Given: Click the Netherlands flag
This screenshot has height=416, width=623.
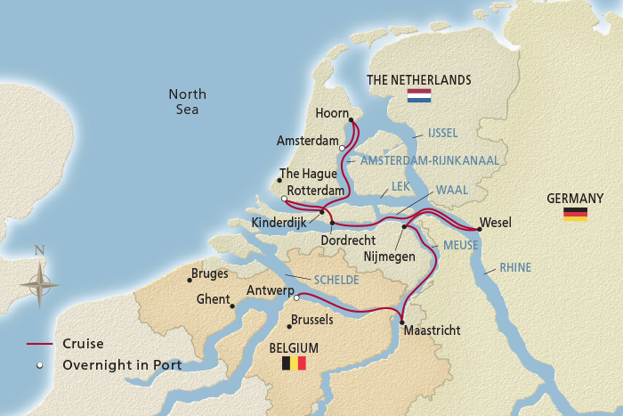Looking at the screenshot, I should click(x=418, y=95).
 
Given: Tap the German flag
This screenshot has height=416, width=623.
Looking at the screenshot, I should click(x=575, y=214).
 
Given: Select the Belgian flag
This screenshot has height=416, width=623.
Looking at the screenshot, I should click(x=294, y=363).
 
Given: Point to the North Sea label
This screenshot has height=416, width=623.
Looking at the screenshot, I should click(x=187, y=102).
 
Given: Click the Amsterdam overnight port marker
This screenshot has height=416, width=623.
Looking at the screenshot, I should click(x=343, y=148).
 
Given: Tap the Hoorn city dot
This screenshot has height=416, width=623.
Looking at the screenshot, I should click(x=350, y=118).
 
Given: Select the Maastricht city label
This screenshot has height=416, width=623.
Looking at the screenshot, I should click(x=432, y=330).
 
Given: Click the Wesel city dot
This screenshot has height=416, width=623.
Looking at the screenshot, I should click(x=480, y=229).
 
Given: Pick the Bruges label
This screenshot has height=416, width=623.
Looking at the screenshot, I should click(x=210, y=273).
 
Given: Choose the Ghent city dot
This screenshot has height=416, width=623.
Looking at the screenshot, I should click(x=232, y=306).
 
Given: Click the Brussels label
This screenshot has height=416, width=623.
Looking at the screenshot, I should click(x=311, y=319).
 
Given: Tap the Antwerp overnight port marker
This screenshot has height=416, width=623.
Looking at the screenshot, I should click(x=297, y=298).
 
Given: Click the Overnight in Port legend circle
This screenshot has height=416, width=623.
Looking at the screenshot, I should click(x=40, y=365).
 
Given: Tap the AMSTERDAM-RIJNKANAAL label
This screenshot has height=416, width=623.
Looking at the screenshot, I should click(x=430, y=160).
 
